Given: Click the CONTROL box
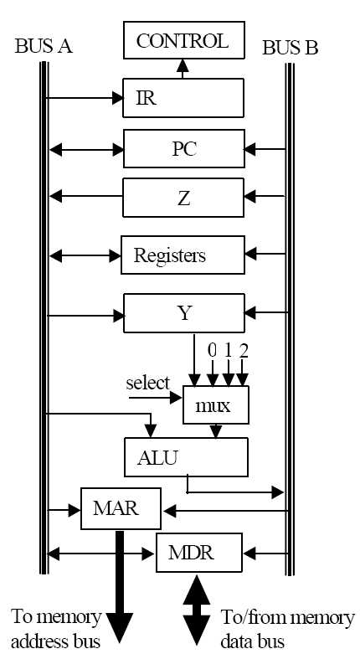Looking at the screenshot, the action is point(184,40).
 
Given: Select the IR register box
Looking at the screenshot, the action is point(183,98).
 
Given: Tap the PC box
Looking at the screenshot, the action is point(184,148).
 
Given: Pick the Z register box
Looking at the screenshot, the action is point(183,198).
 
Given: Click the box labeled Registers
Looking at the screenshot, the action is point(183,255).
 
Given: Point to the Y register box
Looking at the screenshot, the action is point(184,313).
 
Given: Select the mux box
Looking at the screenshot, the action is point(216,404).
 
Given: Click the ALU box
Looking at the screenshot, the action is point(186,456).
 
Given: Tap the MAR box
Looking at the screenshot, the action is point(121,508).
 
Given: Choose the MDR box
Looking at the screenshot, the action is point(199,553).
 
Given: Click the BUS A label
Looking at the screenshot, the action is point(44,46).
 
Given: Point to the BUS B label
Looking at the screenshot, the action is point(291,48).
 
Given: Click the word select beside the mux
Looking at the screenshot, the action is point(148,383).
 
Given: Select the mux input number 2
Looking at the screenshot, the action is point(244,352).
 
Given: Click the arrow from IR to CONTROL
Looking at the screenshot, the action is point(183,69).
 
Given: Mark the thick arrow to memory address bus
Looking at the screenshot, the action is point(120,587).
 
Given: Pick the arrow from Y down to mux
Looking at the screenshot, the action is point(194,359).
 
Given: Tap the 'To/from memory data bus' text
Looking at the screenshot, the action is point(288,629).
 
